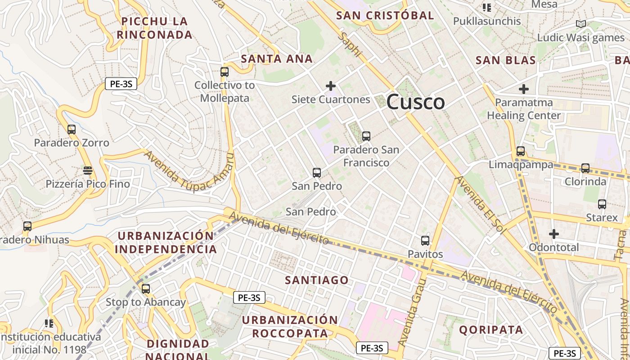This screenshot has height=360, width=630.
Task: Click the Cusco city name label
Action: [x=415, y=102]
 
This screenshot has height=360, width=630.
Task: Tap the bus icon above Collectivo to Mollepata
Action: [x=225, y=72]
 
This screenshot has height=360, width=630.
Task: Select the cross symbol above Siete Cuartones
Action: [x=331, y=86]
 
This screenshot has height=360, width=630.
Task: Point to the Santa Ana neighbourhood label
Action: [x=277, y=59]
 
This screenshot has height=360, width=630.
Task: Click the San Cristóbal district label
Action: [x=385, y=15]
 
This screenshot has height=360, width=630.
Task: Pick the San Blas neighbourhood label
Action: [x=506, y=60]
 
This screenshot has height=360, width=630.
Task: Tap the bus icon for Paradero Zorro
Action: [x=72, y=130]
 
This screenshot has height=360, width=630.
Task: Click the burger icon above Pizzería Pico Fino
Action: [x=88, y=171]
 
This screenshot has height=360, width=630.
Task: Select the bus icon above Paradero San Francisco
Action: [x=366, y=136]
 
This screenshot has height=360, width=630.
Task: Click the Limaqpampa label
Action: [x=521, y=165]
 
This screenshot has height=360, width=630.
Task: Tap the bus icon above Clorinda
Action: [x=585, y=168]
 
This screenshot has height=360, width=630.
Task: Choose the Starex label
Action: [x=602, y=218]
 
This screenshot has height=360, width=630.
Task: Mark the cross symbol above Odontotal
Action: [x=554, y=234]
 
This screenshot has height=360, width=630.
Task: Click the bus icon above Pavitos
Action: [x=425, y=241]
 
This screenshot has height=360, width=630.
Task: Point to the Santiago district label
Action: [x=317, y=280]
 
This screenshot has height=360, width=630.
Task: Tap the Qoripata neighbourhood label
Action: [x=491, y=330]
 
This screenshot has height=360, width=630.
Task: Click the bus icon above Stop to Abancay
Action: [x=145, y=289]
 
